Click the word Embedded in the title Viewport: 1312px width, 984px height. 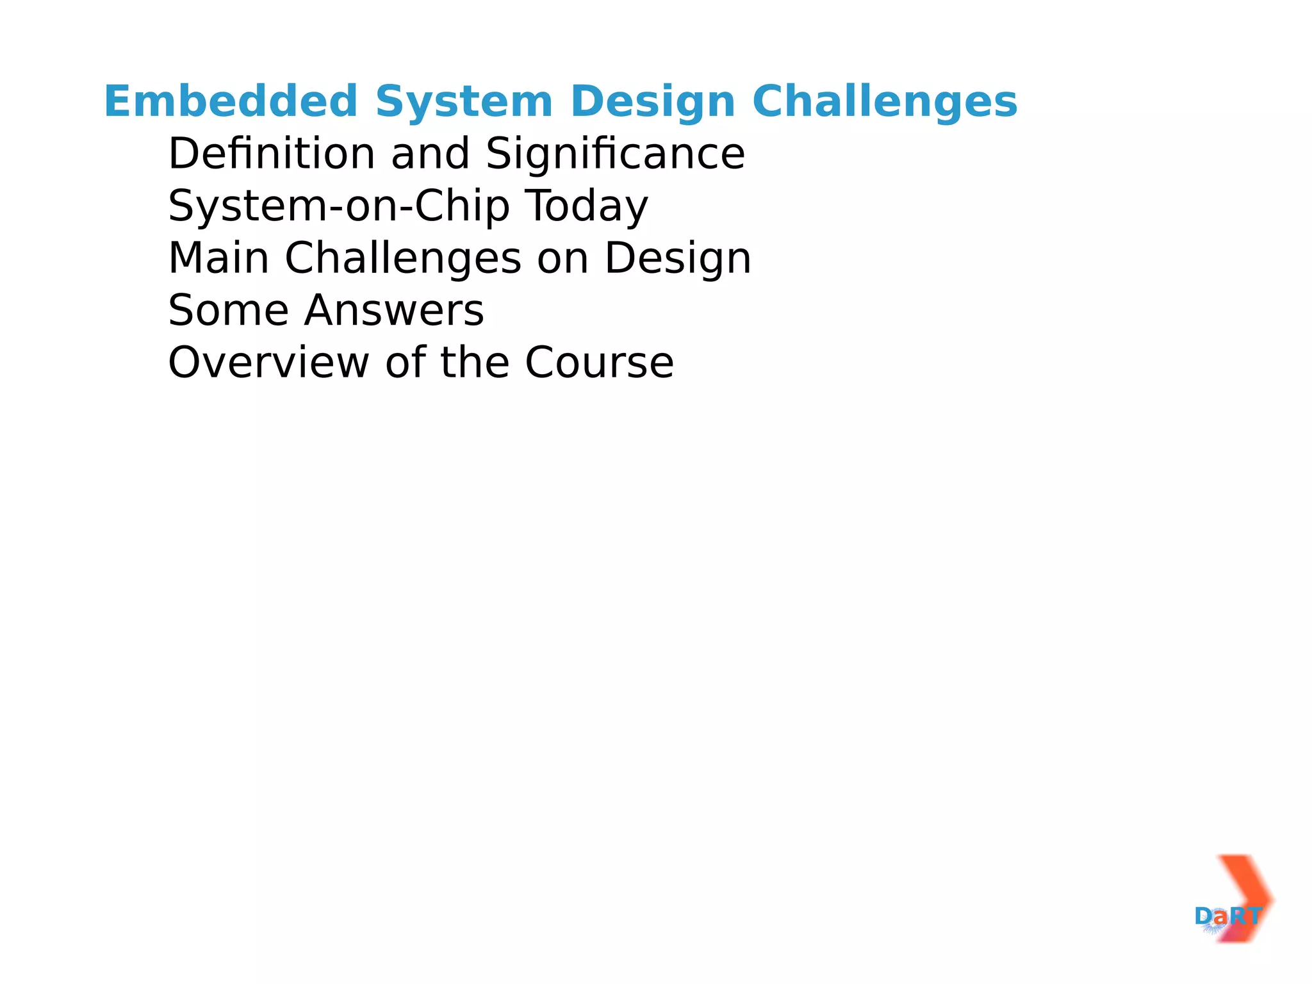(x=231, y=102)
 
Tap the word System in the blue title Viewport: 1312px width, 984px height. (x=464, y=102)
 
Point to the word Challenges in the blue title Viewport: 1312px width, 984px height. (x=885, y=102)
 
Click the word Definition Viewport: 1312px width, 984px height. (x=272, y=154)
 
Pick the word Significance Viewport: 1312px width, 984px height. (x=616, y=154)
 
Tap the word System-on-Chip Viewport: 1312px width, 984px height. (x=339, y=206)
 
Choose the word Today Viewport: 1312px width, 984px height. (x=587, y=206)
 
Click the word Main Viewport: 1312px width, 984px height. (x=218, y=258)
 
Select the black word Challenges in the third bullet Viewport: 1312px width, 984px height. (x=403, y=258)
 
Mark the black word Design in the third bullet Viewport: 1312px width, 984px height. (x=678, y=258)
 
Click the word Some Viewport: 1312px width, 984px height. (x=229, y=311)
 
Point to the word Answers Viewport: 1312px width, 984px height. (x=394, y=311)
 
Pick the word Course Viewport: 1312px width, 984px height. (x=600, y=363)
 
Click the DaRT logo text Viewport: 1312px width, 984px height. (x=1228, y=916)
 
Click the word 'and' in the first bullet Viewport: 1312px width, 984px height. (x=430, y=154)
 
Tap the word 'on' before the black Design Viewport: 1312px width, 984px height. (x=563, y=258)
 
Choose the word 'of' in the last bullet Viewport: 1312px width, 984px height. (x=406, y=363)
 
